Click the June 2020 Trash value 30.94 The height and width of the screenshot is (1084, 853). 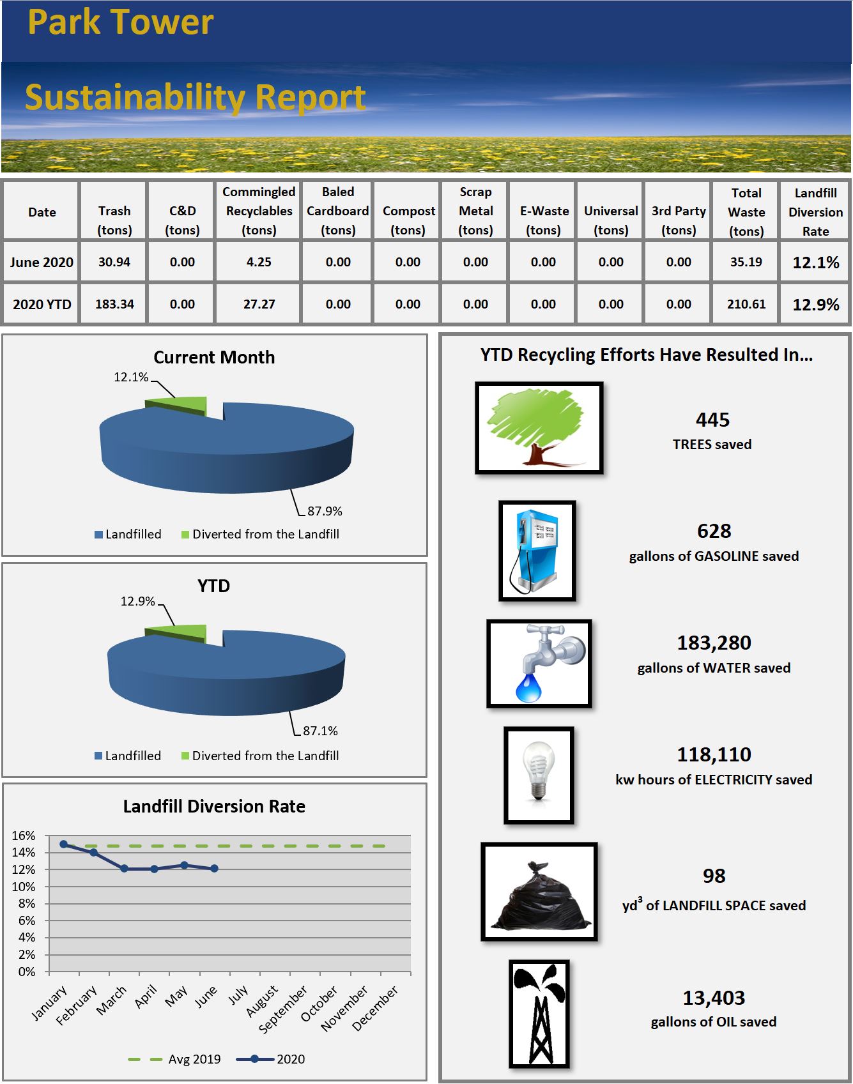point(114,262)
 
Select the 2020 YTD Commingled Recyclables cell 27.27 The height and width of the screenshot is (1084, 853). point(259,304)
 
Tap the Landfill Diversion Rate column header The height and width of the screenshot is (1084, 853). point(815,211)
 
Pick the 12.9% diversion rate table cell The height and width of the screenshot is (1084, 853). point(815,305)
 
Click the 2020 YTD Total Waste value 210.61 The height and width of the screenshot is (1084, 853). point(746,304)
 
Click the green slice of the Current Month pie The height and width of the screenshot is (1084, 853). point(185,405)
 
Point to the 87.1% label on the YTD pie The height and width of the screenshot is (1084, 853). point(320,731)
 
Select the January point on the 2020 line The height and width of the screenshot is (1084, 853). point(64,844)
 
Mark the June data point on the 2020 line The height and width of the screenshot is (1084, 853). point(215,869)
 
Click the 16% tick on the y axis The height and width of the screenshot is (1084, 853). point(24,836)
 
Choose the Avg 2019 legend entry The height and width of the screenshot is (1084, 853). point(175,1059)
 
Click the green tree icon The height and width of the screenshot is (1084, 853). point(539,427)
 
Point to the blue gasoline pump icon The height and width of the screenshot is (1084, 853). point(537,551)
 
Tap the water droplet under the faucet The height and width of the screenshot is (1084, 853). point(528,687)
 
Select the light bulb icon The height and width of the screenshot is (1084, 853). point(539,774)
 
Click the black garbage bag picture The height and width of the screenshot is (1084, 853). point(539,892)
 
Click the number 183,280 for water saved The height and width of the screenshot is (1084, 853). point(714,643)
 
